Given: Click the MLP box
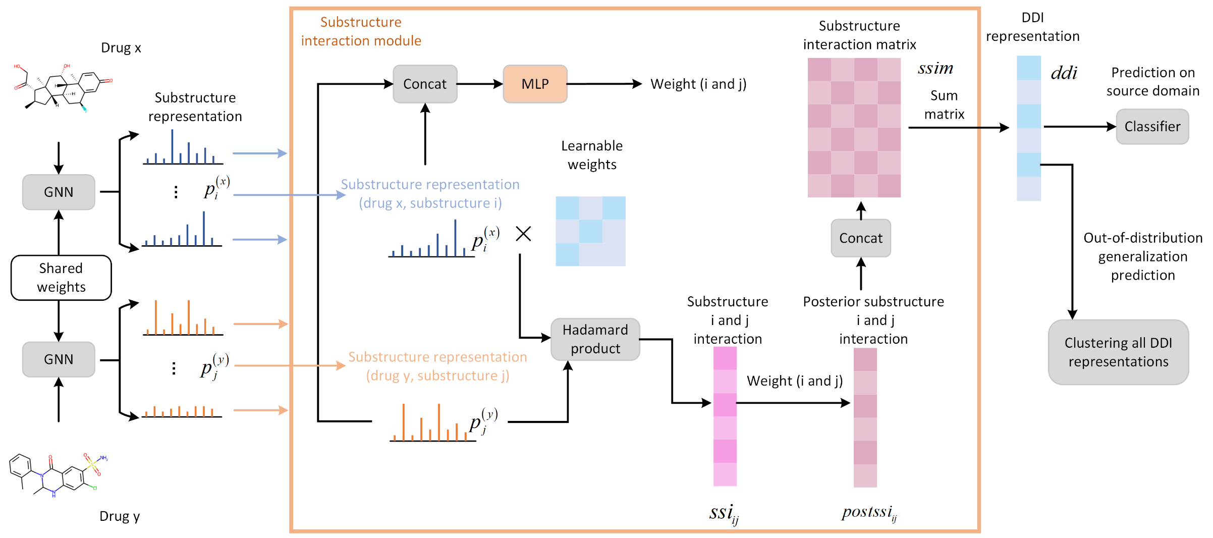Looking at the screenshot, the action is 535,84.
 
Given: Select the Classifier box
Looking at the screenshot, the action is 1152,127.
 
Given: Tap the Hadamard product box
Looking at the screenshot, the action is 595,339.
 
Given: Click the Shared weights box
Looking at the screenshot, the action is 61,278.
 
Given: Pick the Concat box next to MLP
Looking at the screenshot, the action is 425,84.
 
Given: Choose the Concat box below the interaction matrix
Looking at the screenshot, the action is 861,238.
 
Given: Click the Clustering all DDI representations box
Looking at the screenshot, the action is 1118,352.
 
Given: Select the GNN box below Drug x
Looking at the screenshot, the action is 59,192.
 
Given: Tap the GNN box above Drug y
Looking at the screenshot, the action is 59,359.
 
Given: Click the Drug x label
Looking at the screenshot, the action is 121,48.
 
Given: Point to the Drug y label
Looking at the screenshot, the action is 120,516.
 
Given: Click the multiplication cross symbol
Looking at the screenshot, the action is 523,234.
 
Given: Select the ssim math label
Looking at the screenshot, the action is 935,68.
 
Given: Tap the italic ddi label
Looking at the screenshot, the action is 1064,73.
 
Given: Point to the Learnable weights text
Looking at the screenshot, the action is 592,155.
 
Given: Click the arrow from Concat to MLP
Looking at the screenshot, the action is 480,84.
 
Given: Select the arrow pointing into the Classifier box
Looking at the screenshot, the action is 1080,127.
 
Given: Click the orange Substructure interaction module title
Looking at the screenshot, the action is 361,31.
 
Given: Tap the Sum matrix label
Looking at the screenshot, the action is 944,105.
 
